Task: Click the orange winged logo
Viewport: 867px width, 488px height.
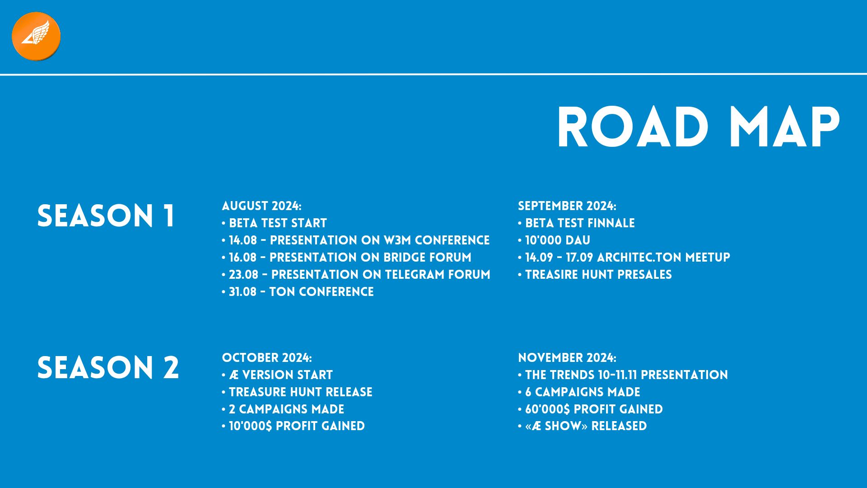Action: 36,36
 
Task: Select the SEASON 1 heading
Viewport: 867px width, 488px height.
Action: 106,216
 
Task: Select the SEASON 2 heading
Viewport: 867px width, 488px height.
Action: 108,367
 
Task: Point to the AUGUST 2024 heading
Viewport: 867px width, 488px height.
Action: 261,206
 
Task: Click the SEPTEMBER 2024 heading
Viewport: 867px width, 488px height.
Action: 567,206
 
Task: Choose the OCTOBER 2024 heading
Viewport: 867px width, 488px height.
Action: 267,358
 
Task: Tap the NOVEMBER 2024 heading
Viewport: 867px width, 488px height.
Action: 567,358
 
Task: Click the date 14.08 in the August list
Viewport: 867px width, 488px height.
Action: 243,240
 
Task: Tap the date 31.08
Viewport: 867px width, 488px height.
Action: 243,292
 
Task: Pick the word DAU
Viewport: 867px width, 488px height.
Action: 579,240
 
